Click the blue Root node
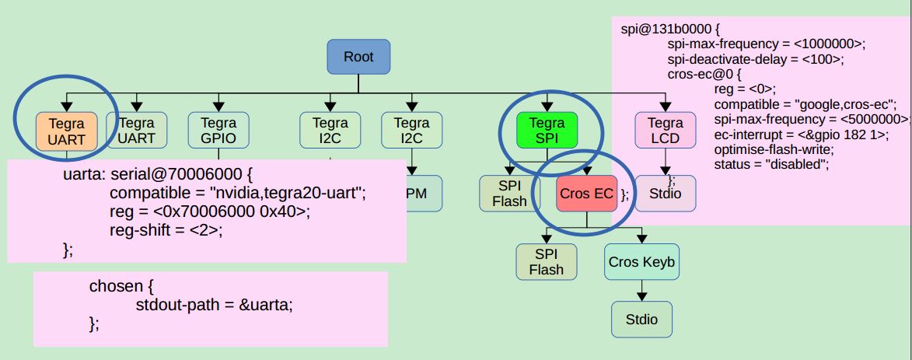tap(358, 58)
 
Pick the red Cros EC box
tap(586, 194)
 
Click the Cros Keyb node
tap(641, 263)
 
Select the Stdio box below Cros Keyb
tap(641, 319)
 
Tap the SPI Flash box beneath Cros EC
tap(547, 262)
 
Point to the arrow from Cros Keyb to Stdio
tap(641, 292)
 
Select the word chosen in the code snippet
tap(116, 286)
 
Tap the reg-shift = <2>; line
tap(166, 230)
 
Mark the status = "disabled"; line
tap(772, 163)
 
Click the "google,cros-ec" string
tap(847, 104)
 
